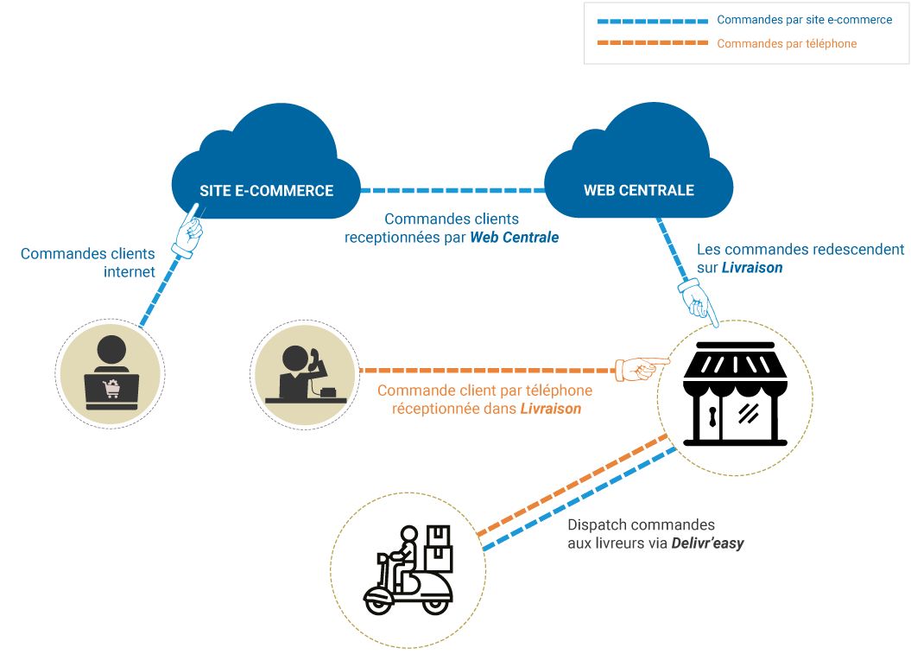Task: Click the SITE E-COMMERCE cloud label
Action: pos(266,190)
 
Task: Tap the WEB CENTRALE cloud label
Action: pos(638,190)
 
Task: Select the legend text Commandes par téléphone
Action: pos(786,43)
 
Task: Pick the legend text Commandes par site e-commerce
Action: pos(804,19)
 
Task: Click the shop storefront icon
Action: pos(735,393)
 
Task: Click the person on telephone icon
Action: pos(305,373)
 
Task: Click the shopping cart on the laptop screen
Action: pos(111,390)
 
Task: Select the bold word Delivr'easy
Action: pos(707,543)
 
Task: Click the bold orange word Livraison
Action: pos(550,409)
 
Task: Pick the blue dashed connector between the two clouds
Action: pos(452,190)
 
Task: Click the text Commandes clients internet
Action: pos(88,263)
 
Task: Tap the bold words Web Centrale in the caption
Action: pos(514,237)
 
